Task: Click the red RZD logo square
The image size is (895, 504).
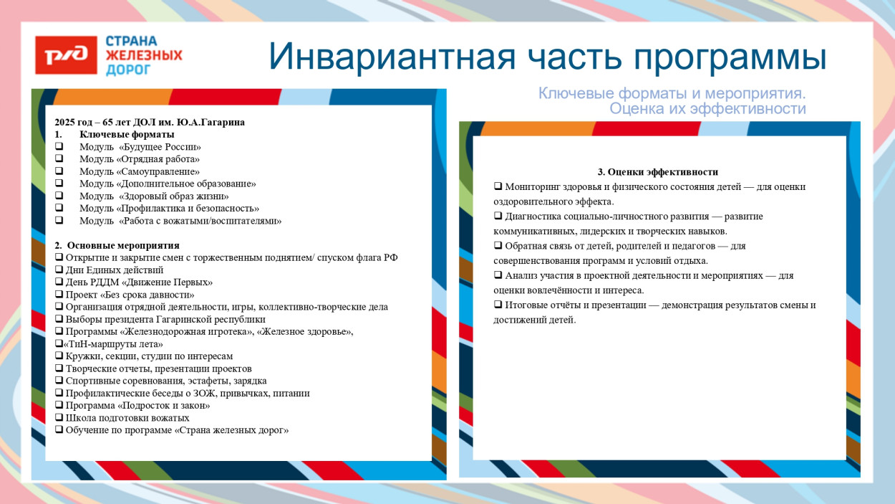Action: (66, 55)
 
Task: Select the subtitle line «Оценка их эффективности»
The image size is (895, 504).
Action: (707, 109)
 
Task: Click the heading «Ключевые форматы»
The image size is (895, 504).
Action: (127, 135)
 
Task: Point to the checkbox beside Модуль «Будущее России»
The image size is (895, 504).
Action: (59, 147)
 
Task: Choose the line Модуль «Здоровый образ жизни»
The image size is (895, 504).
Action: (154, 196)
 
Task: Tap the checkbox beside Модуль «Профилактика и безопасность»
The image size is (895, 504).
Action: (59, 209)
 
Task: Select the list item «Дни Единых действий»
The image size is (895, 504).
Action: (114, 270)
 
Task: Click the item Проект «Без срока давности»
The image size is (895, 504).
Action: (130, 295)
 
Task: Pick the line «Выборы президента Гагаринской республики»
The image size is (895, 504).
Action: (165, 320)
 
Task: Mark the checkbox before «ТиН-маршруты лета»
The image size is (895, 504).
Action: (58, 344)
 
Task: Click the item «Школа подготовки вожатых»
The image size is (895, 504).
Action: (127, 418)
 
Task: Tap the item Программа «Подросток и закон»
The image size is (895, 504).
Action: (137, 406)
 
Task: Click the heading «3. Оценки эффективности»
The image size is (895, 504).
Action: (657, 172)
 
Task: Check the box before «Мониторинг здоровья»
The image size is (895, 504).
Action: (498, 186)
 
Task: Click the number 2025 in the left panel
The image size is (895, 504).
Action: (66, 123)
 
